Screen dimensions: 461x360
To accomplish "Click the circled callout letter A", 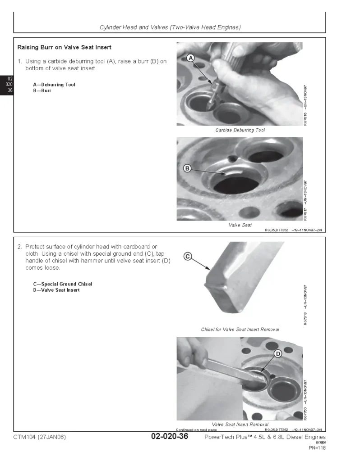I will (190, 58).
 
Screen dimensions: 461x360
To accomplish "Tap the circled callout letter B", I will (187, 168).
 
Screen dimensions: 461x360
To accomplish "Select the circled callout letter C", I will (188, 257).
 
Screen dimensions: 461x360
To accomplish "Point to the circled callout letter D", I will (278, 354).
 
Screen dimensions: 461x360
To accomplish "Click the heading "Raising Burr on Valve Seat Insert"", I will (64, 47).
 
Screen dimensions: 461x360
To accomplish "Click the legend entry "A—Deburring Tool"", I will (54, 85).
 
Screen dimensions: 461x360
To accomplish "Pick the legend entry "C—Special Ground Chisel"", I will (62, 284).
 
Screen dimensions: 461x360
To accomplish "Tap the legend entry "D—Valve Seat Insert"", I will (56, 290).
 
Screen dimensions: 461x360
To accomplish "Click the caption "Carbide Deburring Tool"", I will (240, 130).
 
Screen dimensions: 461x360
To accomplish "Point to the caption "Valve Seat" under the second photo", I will (240, 225).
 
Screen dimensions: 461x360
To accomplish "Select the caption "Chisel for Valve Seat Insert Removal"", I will (240, 330).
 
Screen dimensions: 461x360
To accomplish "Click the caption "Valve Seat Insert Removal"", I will (240, 425).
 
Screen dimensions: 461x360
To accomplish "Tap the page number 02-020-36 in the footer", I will (170, 437).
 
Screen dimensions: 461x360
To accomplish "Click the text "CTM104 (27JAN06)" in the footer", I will (40, 437).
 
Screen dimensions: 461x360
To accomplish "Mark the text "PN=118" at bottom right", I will (317, 448).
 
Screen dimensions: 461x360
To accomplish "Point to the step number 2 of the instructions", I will (19, 247).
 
